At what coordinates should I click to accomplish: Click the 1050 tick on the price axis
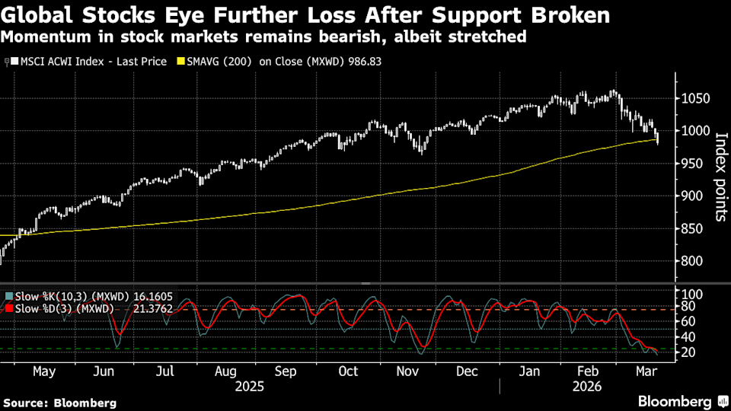[694, 98]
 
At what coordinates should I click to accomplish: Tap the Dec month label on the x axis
[468, 371]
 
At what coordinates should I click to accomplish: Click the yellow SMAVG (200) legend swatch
[180, 61]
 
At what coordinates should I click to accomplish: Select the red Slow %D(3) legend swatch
[8, 308]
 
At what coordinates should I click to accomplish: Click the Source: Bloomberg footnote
[60, 402]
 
